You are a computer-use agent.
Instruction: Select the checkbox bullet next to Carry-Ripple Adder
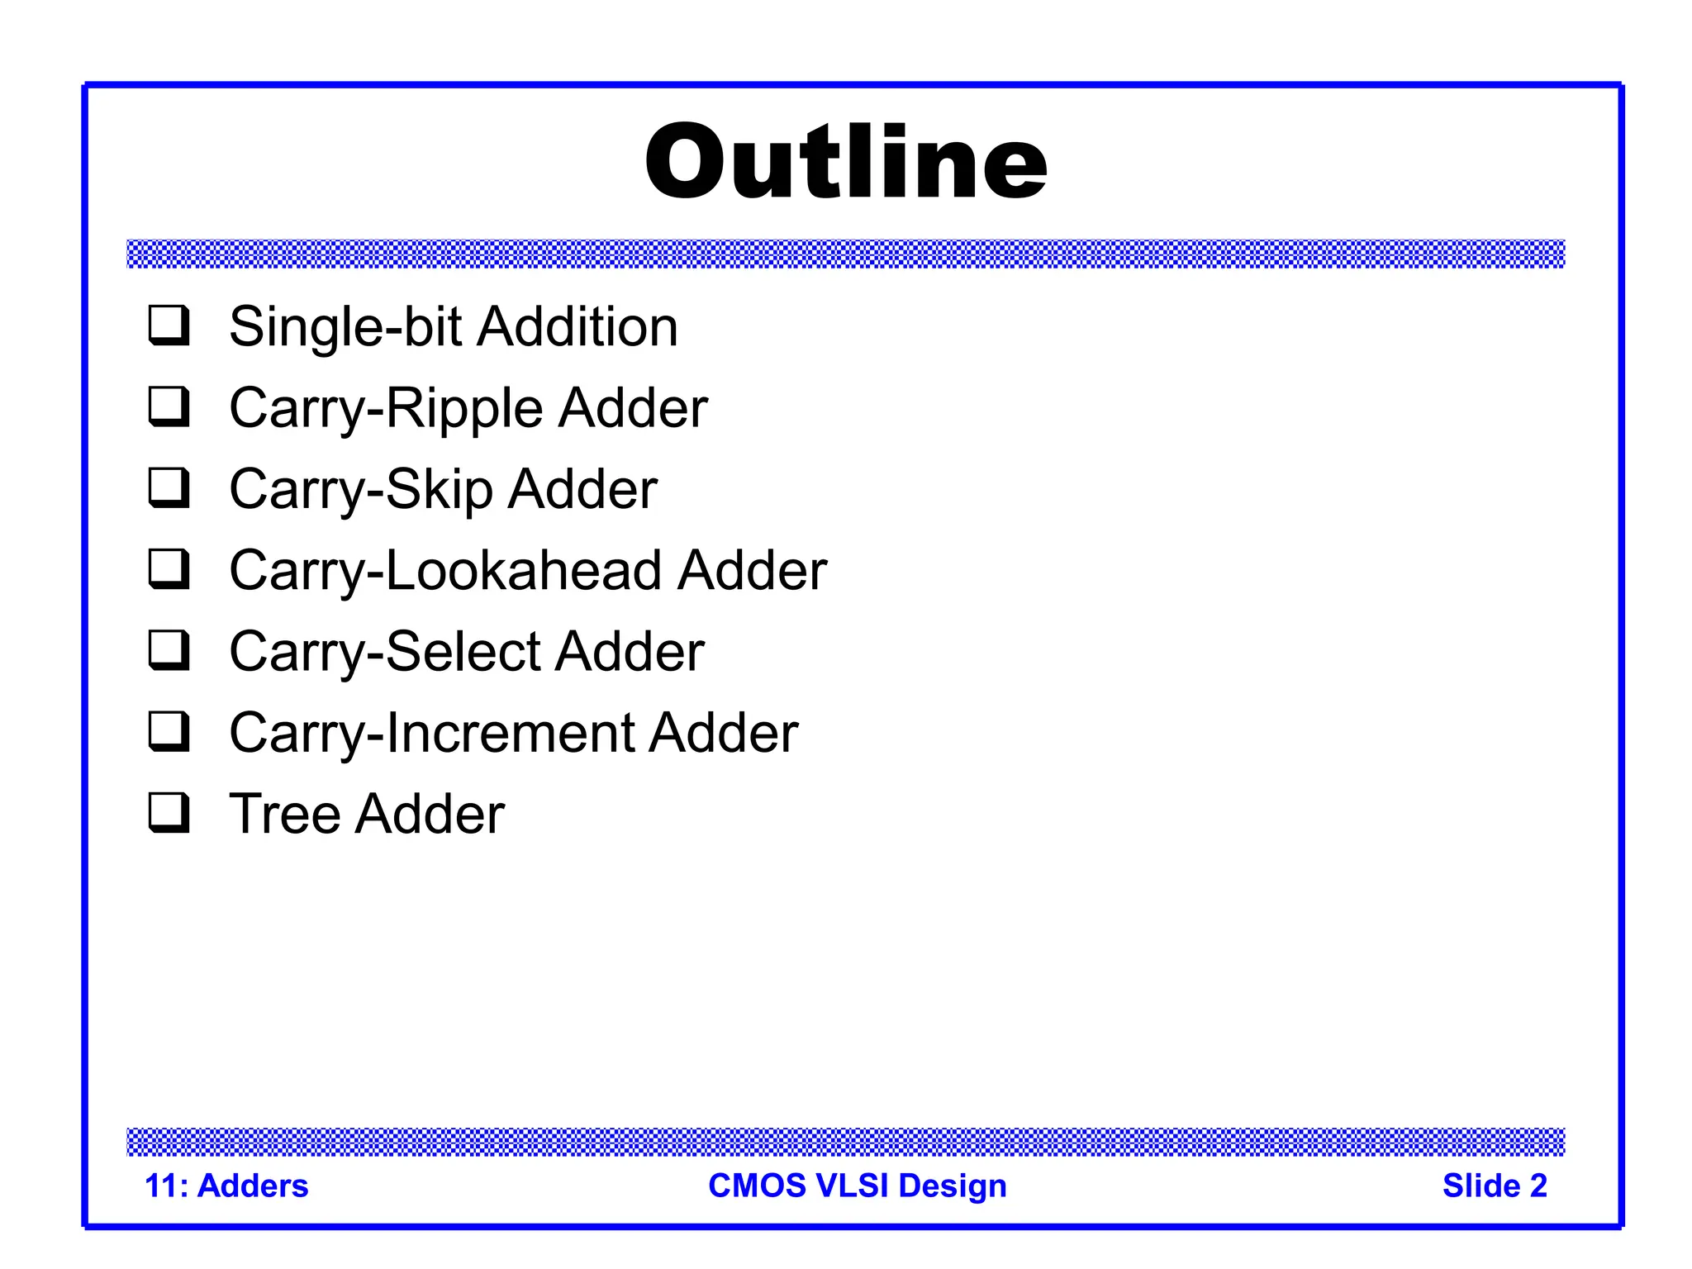pos(169,406)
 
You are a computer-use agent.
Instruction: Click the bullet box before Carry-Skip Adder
pos(169,487)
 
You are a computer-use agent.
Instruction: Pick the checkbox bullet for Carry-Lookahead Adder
pos(169,568)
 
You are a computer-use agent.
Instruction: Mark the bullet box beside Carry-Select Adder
pos(169,649)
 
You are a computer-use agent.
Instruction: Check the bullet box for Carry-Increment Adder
pos(169,731)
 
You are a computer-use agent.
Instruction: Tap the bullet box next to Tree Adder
pos(169,812)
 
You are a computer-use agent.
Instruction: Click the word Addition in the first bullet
pos(577,326)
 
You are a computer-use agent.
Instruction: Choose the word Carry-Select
pos(385,651)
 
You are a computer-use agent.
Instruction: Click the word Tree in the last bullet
pos(284,814)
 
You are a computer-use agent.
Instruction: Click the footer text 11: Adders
pos(226,1186)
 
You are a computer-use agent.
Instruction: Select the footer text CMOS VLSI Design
pos(858,1186)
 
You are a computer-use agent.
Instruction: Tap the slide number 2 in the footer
pos(1538,1186)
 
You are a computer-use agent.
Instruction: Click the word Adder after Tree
pos(430,814)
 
